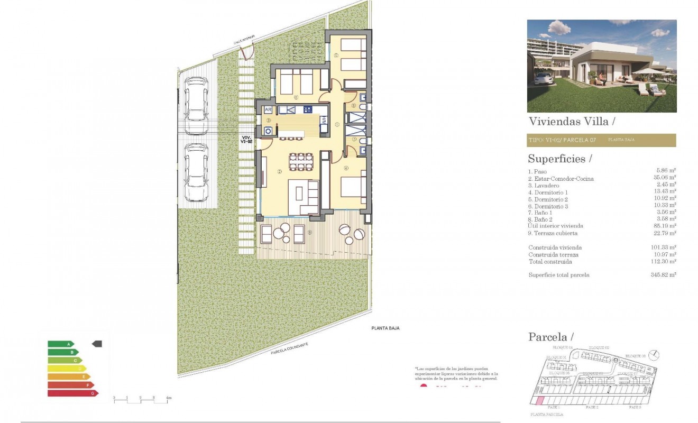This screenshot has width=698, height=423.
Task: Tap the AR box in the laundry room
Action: coord(268,110)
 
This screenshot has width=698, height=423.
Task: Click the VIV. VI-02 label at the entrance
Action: coord(246,139)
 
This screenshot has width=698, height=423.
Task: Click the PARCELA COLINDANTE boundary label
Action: coord(289,348)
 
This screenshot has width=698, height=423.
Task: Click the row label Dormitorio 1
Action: coord(548,192)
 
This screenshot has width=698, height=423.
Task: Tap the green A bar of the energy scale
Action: coord(61,344)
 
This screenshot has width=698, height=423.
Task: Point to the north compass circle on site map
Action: coord(655,354)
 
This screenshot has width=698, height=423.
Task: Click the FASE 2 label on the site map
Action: coord(592,408)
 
